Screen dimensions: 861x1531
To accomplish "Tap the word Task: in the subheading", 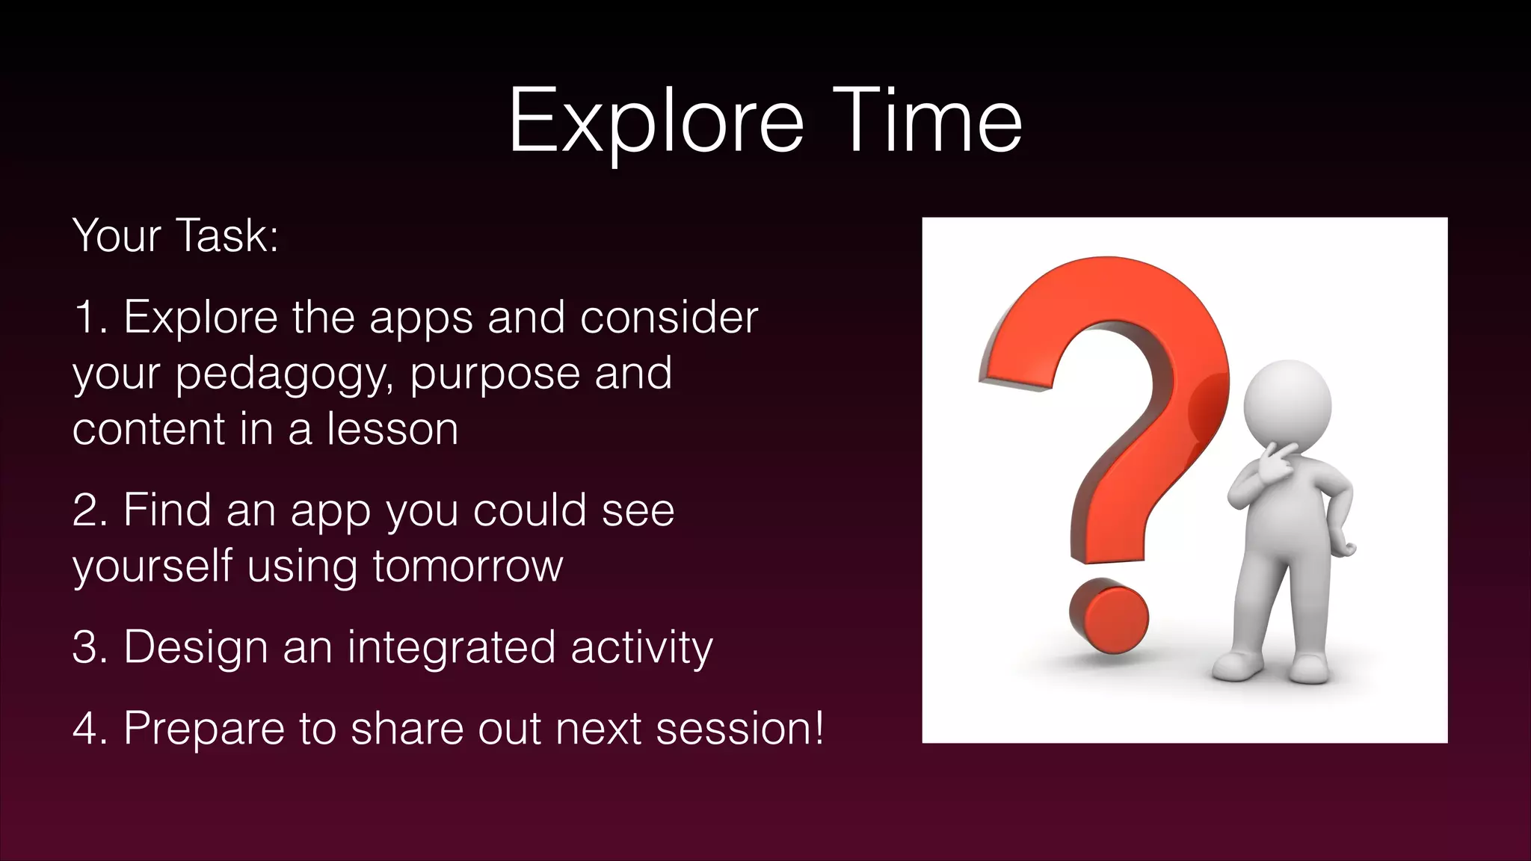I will coord(227,235).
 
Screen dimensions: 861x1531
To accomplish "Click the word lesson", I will coord(392,430).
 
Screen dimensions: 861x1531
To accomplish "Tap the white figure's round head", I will coord(1287,404).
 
